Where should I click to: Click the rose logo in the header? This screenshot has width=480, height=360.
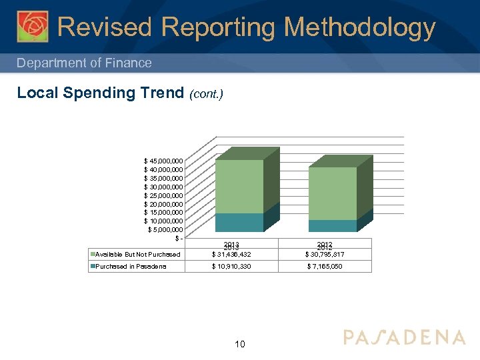coord(33,27)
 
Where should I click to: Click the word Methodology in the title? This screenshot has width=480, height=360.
coord(360,28)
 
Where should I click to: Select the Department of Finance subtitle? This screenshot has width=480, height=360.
coord(84,63)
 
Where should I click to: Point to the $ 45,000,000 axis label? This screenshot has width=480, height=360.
coord(164,161)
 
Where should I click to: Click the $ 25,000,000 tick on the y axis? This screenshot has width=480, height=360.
coord(164,195)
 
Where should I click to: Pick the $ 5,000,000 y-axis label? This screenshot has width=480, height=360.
coord(166,230)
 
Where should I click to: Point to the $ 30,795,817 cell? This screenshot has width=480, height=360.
coord(325,255)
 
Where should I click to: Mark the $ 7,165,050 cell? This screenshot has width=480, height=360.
coord(325,267)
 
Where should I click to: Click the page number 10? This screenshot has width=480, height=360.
coord(240,344)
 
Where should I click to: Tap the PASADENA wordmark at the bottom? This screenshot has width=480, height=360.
coord(404,337)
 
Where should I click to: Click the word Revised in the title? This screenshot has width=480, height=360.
coord(105,28)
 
